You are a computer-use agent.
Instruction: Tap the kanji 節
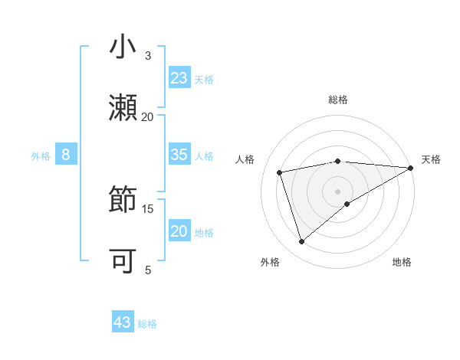click(x=123, y=199)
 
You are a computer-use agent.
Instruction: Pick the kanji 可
click(x=123, y=260)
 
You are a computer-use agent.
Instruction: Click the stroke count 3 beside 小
click(x=148, y=56)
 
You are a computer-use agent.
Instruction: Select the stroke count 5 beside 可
click(x=148, y=270)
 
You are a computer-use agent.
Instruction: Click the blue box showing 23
click(x=179, y=78)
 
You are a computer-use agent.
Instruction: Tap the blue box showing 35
click(x=179, y=155)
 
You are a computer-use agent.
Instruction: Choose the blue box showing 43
click(x=123, y=322)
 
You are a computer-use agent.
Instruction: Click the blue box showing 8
click(x=66, y=155)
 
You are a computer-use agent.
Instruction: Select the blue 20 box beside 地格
click(x=179, y=231)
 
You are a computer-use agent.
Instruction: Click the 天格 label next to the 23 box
click(x=204, y=79)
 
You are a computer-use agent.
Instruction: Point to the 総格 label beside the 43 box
click(x=147, y=323)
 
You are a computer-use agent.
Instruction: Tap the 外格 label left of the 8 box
click(x=41, y=155)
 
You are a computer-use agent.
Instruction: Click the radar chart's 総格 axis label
click(x=338, y=100)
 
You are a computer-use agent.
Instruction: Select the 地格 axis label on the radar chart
click(x=402, y=262)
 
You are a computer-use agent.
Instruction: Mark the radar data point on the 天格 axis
click(x=410, y=169)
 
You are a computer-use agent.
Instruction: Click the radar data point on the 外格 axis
click(x=302, y=242)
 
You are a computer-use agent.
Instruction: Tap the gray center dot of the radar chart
click(x=338, y=191)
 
